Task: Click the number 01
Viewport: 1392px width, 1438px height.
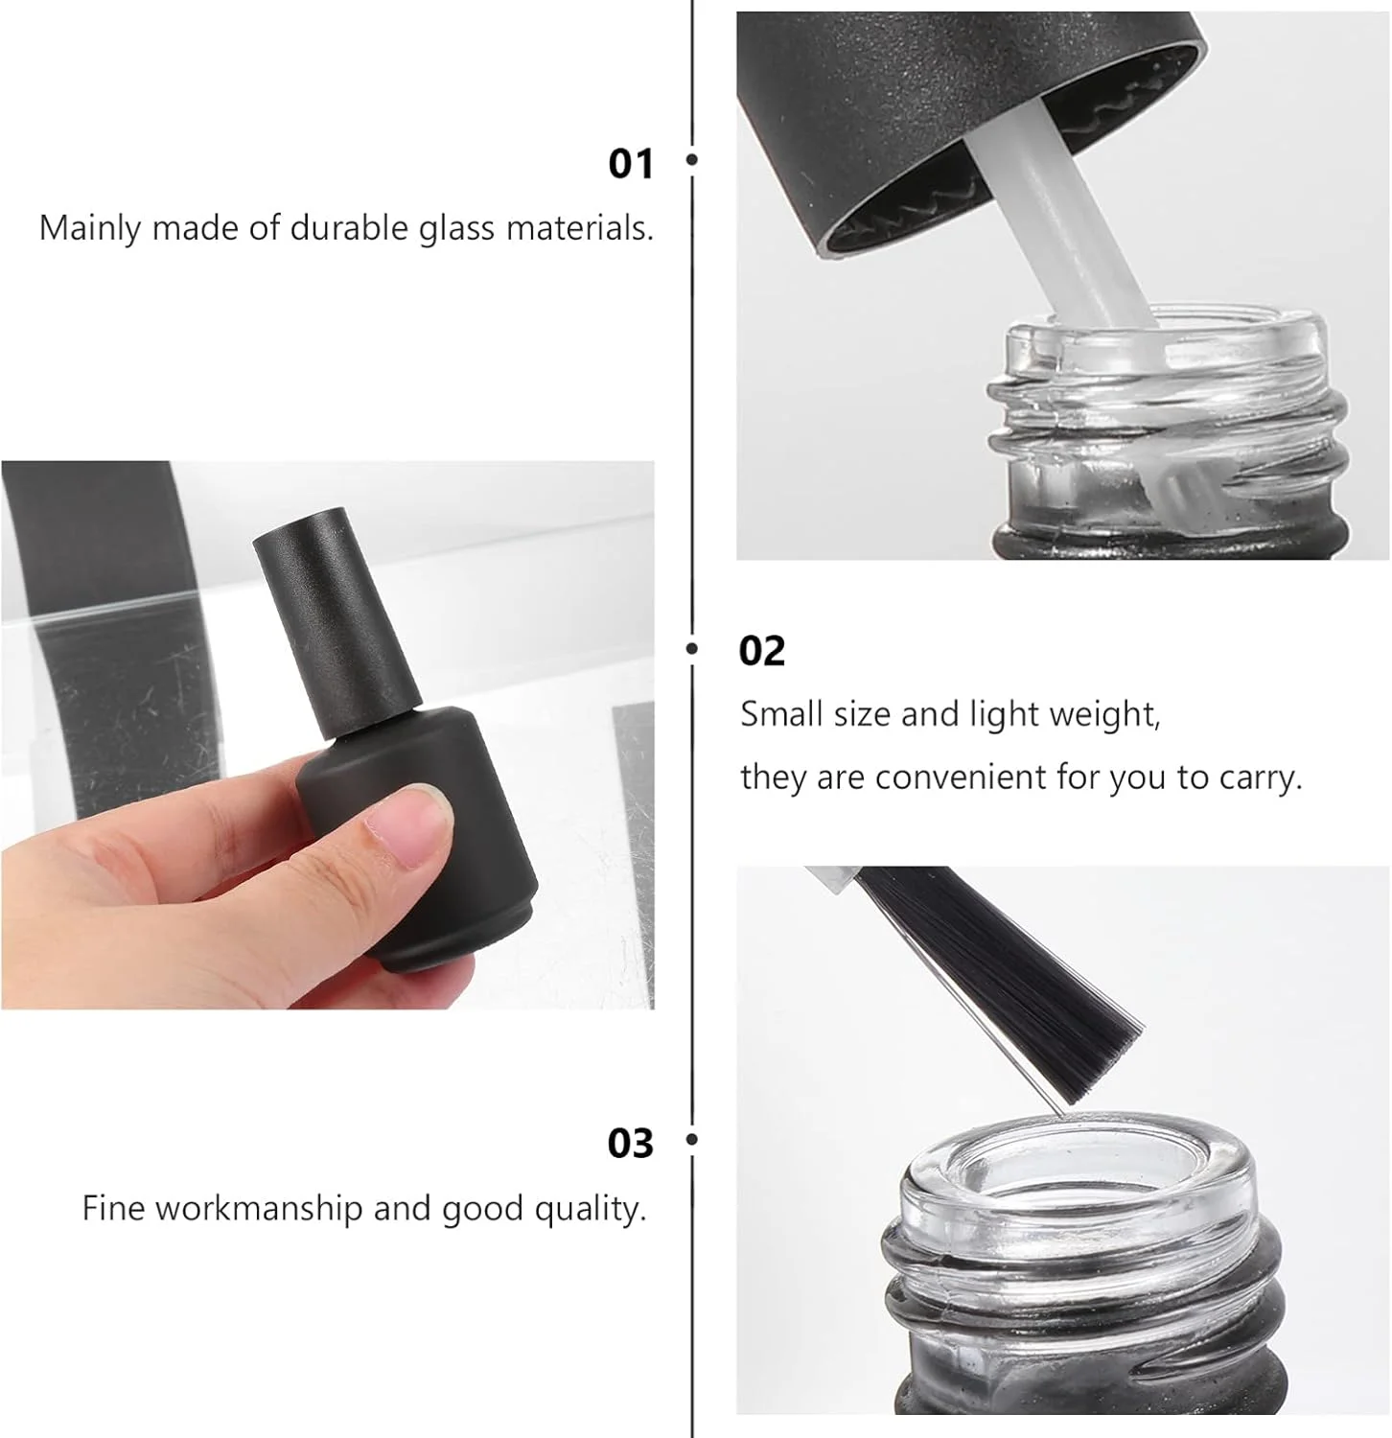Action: (630, 163)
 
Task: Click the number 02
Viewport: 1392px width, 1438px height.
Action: (762, 651)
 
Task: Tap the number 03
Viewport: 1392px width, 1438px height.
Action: (630, 1143)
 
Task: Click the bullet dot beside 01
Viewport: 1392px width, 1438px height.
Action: (691, 161)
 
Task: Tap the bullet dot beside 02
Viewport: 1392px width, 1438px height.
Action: (691, 649)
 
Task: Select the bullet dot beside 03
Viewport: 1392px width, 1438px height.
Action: (691, 1140)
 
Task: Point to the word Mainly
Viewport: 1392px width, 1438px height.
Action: (89, 229)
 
